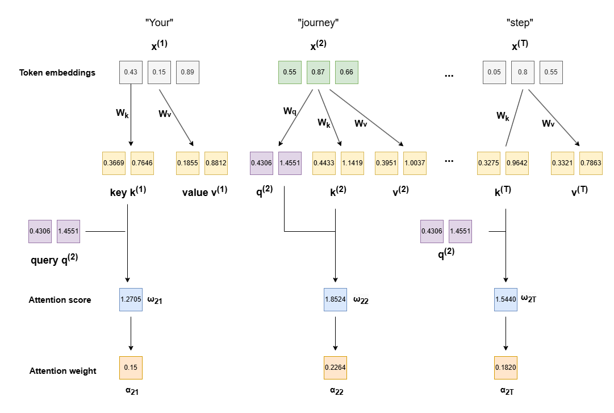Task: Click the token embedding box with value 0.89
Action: tap(187, 73)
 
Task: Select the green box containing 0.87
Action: tap(318, 73)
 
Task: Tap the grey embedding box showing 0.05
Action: tap(494, 73)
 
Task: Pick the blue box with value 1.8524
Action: tap(335, 299)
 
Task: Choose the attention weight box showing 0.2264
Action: tap(335, 368)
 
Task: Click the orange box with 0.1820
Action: tap(506, 368)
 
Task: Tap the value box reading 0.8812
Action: tap(216, 163)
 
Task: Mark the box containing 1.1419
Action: tap(352, 163)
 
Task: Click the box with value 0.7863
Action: tap(591, 163)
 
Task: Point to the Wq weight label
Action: tap(290, 111)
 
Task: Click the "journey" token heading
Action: tap(318, 23)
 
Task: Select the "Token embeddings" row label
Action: tap(57, 73)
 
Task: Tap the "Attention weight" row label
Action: tap(63, 371)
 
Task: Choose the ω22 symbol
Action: tap(362, 299)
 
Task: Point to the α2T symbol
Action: tap(506, 391)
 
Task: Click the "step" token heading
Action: tap(520, 23)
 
